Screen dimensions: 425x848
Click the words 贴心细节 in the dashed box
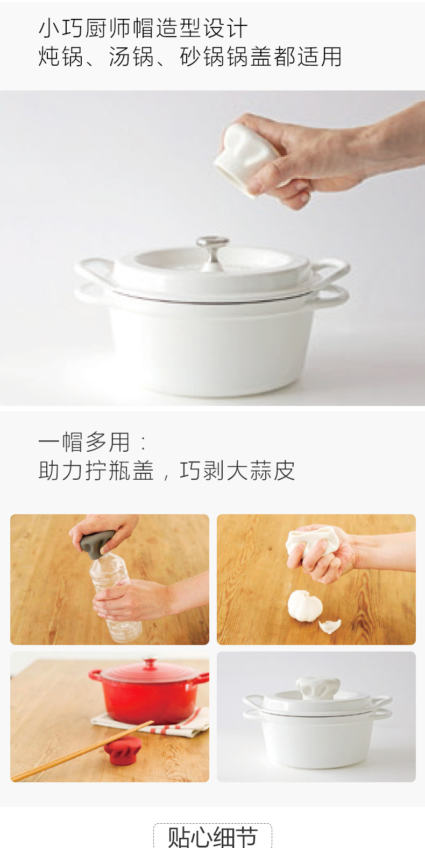click(212, 837)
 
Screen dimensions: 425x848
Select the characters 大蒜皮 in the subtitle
click(260, 471)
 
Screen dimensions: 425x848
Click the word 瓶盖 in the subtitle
click(131, 471)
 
